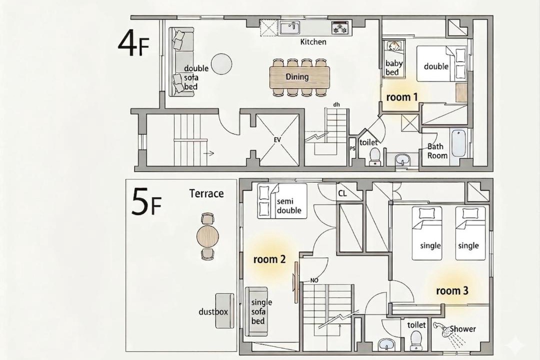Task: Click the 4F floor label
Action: [x=133, y=44]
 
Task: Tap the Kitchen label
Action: [x=313, y=42]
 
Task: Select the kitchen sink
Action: [x=289, y=27]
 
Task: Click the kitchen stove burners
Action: [x=340, y=27]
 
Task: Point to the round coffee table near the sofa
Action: [x=221, y=63]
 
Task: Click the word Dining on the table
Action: [x=297, y=76]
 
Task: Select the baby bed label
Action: [x=393, y=67]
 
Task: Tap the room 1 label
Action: [x=402, y=97]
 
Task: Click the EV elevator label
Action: [x=277, y=140]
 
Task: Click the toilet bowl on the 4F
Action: [x=374, y=155]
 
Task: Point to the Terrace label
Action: [x=206, y=193]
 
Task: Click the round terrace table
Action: [x=207, y=236]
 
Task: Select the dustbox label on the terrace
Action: [x=213, y=312]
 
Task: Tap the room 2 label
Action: [x=269, y=259]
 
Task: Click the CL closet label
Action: [x=342, y=193]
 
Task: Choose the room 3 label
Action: [x=452, y=291]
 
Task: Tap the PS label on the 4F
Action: [x=352, y=149]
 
